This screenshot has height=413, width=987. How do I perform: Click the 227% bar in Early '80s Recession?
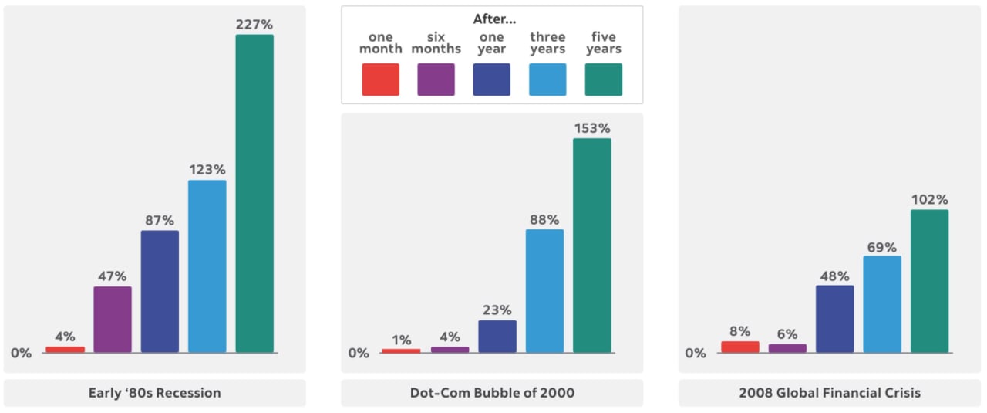point(254,193)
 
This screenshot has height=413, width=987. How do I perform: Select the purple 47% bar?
point(113,320)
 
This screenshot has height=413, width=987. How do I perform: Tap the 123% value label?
point(207,169)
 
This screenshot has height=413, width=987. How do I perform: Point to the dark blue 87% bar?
point(160,291)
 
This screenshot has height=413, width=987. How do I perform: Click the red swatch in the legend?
point(381,80)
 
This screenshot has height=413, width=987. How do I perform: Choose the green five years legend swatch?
point(603,80)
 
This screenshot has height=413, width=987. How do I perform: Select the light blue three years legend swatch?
point(547,80)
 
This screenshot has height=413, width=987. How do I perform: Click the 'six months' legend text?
point(436,43)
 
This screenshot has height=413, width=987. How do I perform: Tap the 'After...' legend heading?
point(492,19)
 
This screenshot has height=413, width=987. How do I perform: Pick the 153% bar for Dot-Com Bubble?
point(591,245)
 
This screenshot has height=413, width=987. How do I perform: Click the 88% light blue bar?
point(544,291)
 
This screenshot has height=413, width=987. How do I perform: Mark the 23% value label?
point(497,310)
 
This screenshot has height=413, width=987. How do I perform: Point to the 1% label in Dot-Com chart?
point(402,340)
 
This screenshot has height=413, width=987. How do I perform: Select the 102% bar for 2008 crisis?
point(929,281)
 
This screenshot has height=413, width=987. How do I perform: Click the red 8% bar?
point(740,347)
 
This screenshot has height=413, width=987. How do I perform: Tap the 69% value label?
point(881,248)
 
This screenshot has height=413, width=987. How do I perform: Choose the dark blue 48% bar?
point(835,319)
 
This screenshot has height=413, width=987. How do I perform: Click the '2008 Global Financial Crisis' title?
point(830,393)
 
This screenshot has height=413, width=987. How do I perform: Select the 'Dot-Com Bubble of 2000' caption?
point(492,393)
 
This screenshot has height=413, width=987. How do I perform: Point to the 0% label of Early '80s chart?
point(22,353)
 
